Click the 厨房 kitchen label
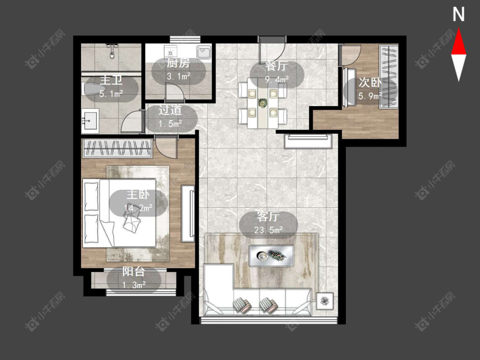click(178, 64)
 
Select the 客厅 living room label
click(268, 216)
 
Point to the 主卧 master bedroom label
click(138, 195)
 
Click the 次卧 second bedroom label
click(370, 82)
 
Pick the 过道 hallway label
click(170, 110)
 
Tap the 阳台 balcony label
click(134, 272)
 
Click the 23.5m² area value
click(268, 229)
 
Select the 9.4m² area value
click(277, 80)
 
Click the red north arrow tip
click(459, 29)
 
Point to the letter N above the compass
click(459, 15)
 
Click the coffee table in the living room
click(271, 255)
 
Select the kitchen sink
click(204, 52)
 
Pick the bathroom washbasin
click(90, 120)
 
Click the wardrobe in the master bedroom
click(118, 148)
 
